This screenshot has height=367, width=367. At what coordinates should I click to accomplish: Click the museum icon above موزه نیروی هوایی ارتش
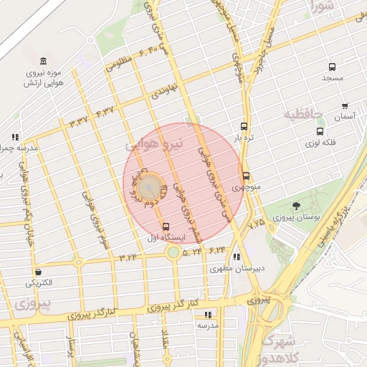(44, 60)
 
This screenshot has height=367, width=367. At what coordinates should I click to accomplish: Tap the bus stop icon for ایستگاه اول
(167, 226)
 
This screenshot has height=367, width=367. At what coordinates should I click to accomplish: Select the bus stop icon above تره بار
(244, 125)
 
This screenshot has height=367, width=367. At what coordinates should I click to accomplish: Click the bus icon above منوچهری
(246, 176)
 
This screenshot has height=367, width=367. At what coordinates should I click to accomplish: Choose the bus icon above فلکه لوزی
(320, 131)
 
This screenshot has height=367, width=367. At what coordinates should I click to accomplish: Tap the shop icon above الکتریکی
(37, 272)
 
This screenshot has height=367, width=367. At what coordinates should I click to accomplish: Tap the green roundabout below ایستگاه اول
(173, 252)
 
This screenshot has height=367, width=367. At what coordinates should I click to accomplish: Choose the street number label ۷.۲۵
(256, 224)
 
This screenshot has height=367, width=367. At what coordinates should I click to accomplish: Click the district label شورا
(324, 7)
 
